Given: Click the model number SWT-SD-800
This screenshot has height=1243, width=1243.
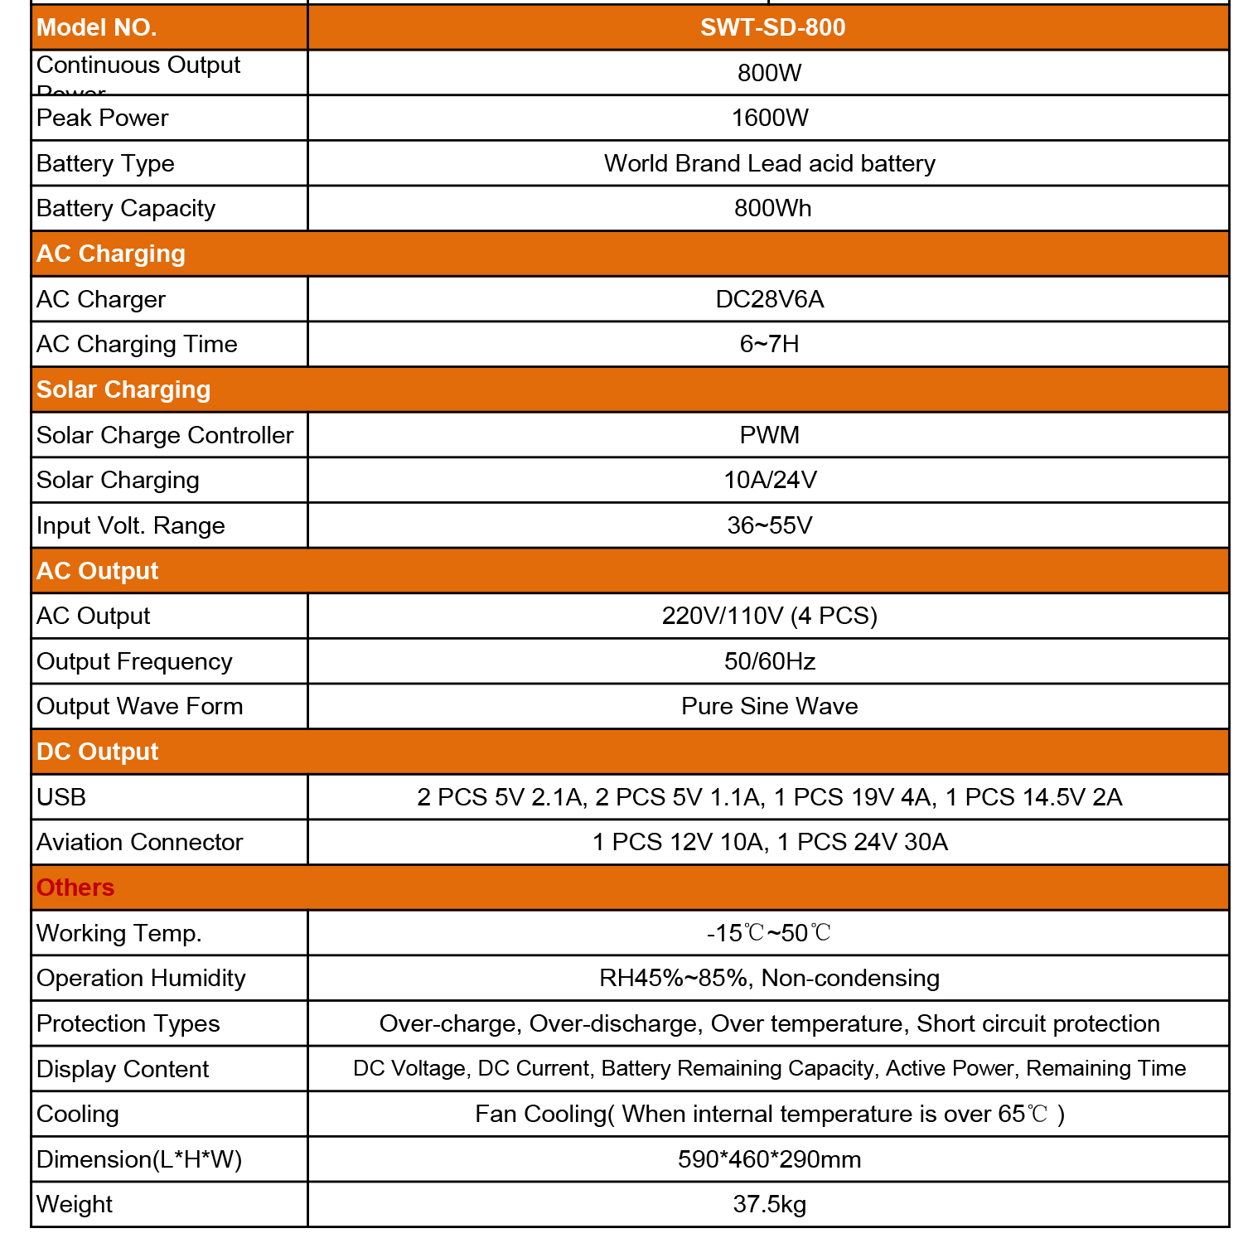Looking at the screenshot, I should click(x=772, y=27).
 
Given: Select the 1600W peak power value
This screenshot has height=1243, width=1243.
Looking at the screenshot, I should click(x=769, y=118).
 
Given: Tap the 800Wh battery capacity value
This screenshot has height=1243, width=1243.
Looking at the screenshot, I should click(x=772, y=208).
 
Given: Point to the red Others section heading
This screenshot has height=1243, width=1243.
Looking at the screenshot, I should click(x=75, y=888).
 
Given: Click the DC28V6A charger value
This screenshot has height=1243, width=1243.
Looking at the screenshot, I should click(x=769, y=299).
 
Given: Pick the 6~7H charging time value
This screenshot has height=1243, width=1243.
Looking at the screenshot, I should click(x=769, y=344).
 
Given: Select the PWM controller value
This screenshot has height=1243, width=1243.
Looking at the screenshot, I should click(x=769, y=435).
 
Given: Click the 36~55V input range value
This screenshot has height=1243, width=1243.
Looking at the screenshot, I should click(x=769, y=525).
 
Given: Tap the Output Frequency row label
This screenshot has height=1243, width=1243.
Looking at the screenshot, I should click(x=134, y=661).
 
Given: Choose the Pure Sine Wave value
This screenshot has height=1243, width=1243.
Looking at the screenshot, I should click(x=769, y=706).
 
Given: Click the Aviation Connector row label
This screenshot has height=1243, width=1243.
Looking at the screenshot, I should click(x=139, y=842).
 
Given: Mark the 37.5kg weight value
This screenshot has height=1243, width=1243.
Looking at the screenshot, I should click(x=769, y=1204).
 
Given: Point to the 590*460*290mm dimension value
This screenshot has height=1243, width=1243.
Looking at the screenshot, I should click(x=769, y=1159).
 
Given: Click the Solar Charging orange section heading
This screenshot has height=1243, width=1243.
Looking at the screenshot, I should click(x=123, y=389).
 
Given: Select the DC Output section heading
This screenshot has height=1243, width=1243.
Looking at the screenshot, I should click(x=97, y=752).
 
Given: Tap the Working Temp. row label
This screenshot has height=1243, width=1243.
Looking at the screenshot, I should click(x=118, y=933).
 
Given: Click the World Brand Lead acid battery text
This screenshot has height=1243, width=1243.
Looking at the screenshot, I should click(x=769, y=163).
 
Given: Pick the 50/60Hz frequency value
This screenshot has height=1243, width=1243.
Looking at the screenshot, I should click(x=769, y=661).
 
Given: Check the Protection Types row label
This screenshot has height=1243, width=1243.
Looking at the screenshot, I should click(x=128, y=1023).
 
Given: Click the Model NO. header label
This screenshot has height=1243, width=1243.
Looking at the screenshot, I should click(x=96, y=27).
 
